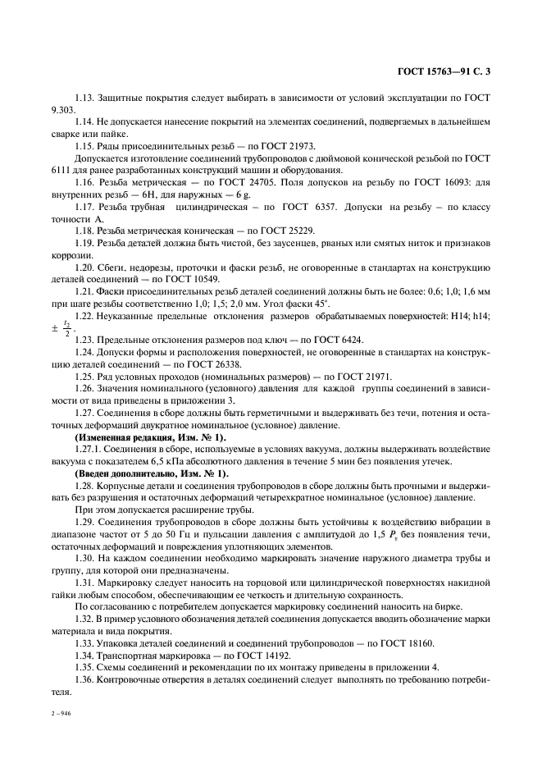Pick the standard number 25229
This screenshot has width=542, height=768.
coord(295,231)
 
